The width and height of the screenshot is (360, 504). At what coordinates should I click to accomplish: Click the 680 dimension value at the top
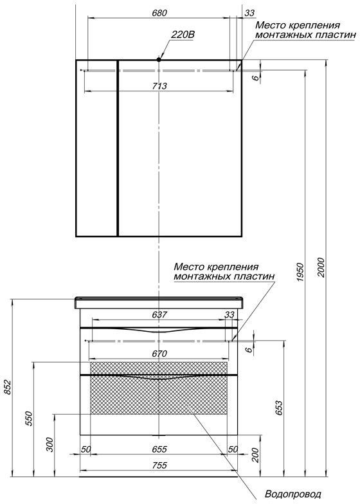(159, 13)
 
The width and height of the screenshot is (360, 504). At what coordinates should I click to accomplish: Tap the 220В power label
(183, 35)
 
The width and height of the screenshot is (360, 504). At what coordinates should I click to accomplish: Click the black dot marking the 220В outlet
(158, 59)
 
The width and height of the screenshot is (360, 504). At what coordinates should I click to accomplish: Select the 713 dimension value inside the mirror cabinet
(159, 86)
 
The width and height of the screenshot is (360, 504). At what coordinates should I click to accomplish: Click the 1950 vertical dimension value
(300, 273)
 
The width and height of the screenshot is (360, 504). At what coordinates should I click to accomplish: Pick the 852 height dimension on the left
(8, 387)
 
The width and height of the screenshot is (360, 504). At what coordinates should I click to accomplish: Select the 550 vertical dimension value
(30, 418)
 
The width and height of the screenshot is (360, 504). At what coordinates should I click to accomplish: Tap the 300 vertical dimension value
(50, 445)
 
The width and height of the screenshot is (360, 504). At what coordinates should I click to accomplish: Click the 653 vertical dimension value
(279, 408)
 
